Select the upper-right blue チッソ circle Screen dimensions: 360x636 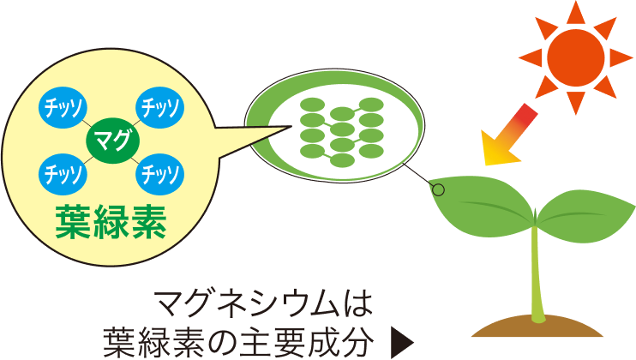point(159,105)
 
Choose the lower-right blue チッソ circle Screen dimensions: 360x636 point(159,174)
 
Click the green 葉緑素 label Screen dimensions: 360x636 point(110,223)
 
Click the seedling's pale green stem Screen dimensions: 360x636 point(537,274)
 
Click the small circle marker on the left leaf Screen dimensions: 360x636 point(438,189)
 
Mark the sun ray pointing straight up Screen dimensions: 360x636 point(576,10)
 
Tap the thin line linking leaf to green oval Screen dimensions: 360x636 point(419,175)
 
